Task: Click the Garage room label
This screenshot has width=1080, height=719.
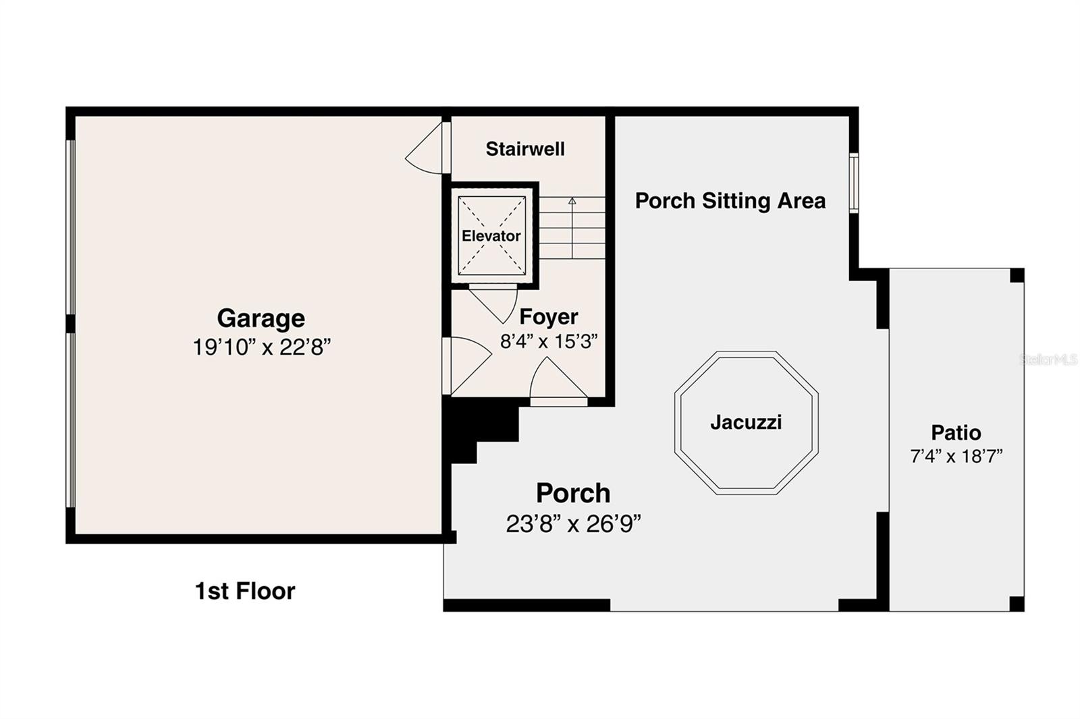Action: pos(261,318)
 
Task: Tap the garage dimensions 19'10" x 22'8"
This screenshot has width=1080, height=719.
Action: pos(261,347)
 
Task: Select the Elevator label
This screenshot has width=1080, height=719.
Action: pos(491,236)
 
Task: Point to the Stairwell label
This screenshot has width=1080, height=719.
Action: pos(525,149)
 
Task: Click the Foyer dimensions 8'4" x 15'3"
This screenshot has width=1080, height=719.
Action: pos(549,341)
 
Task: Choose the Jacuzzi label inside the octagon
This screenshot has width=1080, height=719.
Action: pos(746,423)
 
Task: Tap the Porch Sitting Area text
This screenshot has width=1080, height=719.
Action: pos(730,201)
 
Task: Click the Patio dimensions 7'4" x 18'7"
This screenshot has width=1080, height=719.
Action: pos(956,457)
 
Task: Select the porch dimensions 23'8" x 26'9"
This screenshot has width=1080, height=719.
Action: pos(573,523)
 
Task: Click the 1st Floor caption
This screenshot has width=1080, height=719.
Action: pos(245,592)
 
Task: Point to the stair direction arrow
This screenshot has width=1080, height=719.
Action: pos(572,202)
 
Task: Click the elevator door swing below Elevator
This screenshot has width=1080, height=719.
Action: pos(497,303)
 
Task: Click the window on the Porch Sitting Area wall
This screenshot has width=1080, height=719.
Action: pos(854,183)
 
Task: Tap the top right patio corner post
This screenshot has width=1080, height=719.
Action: pos(1017,275)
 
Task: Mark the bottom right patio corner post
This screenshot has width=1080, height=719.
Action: pos(1017,604)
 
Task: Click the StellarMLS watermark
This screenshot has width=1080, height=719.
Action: pos(1048,359)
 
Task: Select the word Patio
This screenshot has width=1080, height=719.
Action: pos(956,432)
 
